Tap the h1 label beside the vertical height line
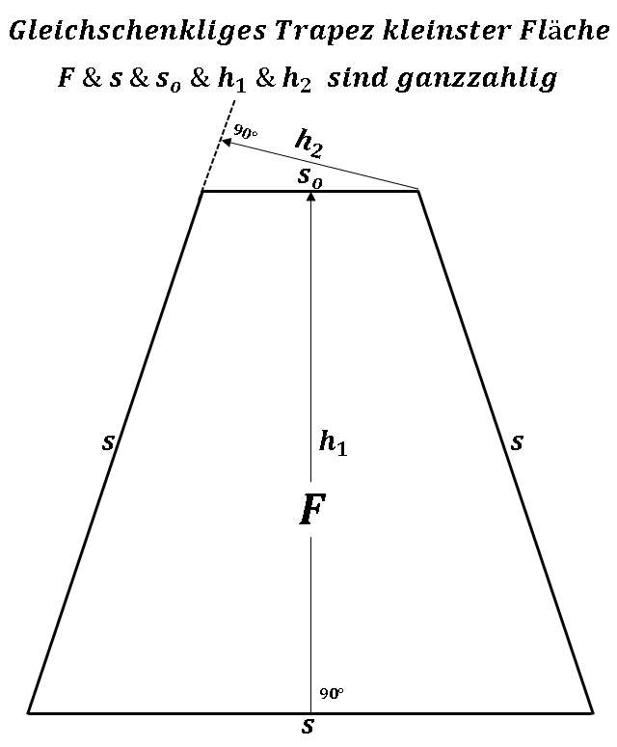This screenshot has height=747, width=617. (332, 443)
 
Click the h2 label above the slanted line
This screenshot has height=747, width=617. (308, 145)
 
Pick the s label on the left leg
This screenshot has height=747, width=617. (108, 442)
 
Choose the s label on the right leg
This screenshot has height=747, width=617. (517, 441)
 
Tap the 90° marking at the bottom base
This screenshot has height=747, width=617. (332, 694)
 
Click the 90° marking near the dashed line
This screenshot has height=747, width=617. (245, 133)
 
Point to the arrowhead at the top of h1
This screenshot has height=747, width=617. (310, 197)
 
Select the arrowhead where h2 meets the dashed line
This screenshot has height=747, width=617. (227, 144)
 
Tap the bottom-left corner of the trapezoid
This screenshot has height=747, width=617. (29, 712)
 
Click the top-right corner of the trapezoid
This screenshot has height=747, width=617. (418, 191)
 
